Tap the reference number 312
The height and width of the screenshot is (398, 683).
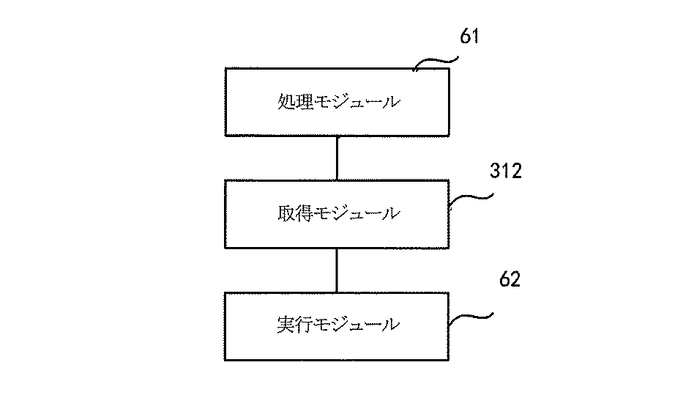point(505,172)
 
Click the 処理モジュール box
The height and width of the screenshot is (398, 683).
point(336,102)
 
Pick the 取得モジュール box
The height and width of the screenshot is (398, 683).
point(336,213)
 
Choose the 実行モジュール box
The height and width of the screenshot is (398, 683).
point(336,325)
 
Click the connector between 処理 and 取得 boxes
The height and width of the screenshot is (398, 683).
point(336,158)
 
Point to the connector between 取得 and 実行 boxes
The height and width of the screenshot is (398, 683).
point(336,270)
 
